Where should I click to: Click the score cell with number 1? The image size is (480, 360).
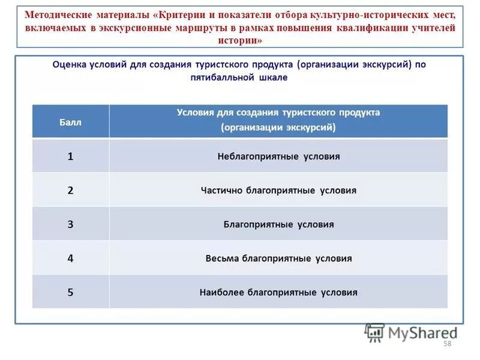[70, 156]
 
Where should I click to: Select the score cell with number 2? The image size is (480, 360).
[70, 190]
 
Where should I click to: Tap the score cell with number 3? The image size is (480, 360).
[70, 224]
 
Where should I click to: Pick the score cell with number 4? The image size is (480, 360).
[70, 259]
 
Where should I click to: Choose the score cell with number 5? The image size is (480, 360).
[70, 293]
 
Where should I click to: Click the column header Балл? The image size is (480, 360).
[70, 122]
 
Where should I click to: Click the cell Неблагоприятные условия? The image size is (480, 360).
[278, 156]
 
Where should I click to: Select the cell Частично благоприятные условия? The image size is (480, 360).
[278, 190]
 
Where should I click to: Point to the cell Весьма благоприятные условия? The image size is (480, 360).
[278, 259]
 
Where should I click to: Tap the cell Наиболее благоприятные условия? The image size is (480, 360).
[278, 293]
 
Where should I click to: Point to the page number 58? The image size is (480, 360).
[446, 343]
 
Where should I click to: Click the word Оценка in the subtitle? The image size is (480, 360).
[68, 65]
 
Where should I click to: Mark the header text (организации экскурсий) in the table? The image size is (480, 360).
[278, 127]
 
